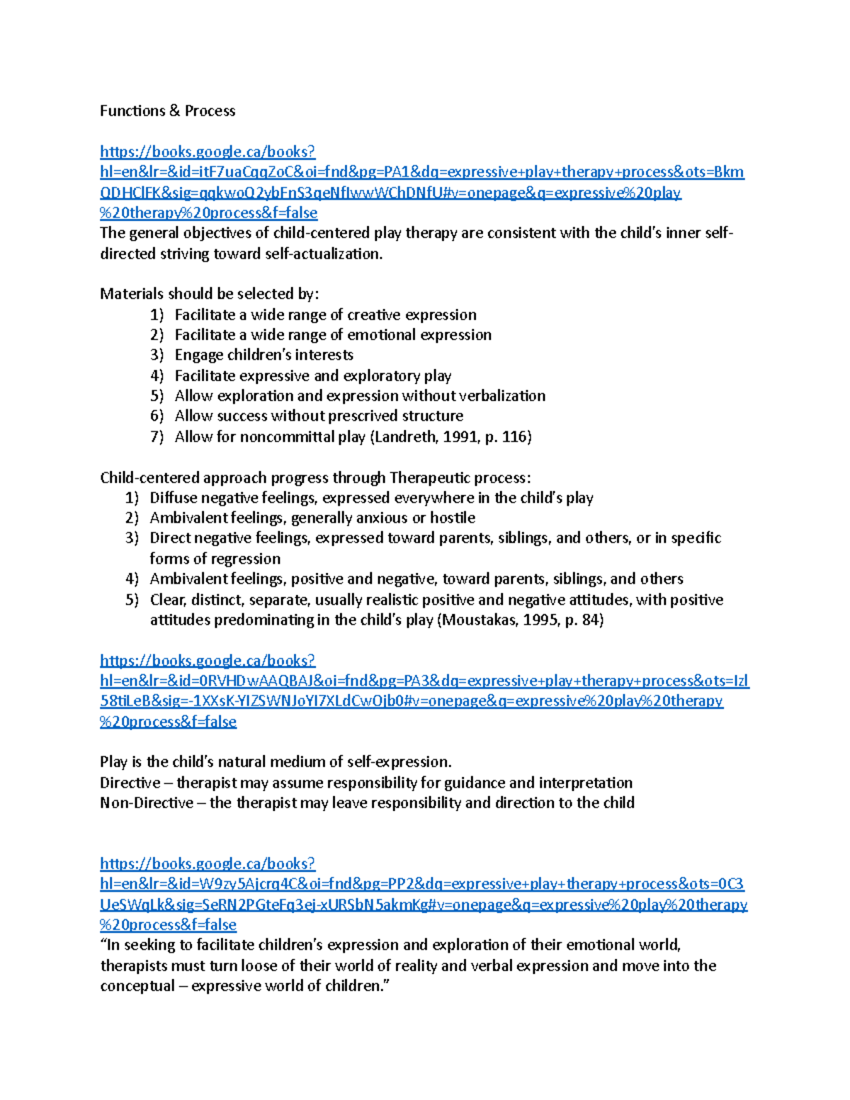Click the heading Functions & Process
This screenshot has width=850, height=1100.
tap(167, 110)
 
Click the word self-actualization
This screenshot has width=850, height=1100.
tap(323, 254)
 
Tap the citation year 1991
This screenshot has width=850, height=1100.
tap(461, 436)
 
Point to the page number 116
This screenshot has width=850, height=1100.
tap(515, 436)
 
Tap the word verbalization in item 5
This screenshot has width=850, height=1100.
tap(502, 395)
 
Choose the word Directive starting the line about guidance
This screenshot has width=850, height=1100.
tap(130, 783)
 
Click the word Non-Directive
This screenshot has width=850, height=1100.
tap(147, 803)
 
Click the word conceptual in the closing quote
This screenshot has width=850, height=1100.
tap(137, 986)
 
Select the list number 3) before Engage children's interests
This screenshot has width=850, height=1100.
tap(157, 355)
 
